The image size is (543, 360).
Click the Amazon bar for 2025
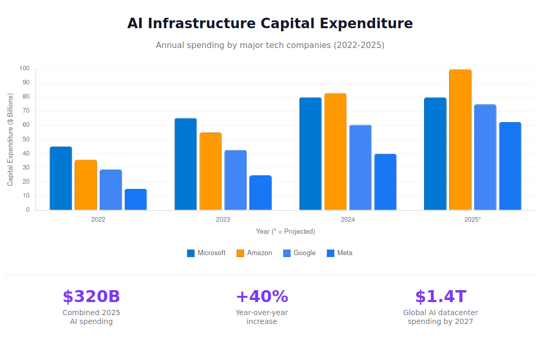tap(460, 140)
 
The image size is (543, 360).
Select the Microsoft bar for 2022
tap(61, 178)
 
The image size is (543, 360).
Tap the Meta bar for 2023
tap(260, 193)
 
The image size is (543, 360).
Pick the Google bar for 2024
tap(360, 167)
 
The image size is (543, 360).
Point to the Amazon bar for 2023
tap(211, 172)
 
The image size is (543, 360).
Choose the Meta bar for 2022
tap(136, 200)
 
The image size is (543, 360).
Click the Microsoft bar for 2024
tap(310, 154)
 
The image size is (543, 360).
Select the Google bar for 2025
tap(485, 158)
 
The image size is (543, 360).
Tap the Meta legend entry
tap(340, 253)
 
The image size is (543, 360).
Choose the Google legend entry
tap(299, 253)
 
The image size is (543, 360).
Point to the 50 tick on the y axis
tap(25, 139)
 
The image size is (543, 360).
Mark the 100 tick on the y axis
tap(25, 69)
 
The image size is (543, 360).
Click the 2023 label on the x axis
tap(223, 220)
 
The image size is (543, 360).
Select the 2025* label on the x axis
tap(473, 220)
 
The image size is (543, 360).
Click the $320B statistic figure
tap(91, 296)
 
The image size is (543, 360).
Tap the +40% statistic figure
tap(262, 296)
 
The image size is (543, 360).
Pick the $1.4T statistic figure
tap(441, 296)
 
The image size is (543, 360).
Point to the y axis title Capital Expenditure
tap(10, 140)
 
